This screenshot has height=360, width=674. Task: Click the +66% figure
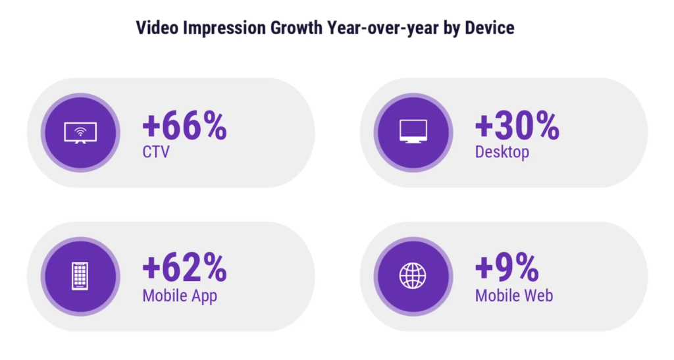184,126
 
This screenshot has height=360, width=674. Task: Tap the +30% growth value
517,126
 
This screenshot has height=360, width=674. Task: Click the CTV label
156,153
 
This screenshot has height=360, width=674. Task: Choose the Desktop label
502,153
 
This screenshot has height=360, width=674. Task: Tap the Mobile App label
180,296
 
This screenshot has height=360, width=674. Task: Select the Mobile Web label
514,296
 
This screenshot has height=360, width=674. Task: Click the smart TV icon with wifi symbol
80,132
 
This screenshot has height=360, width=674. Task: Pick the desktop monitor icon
413,132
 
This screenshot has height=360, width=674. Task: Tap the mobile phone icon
80,276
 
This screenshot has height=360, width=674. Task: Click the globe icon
413,276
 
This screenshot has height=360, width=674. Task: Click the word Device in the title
490,28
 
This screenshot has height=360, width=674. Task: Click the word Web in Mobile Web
538,296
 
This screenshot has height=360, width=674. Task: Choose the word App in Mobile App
203,296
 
